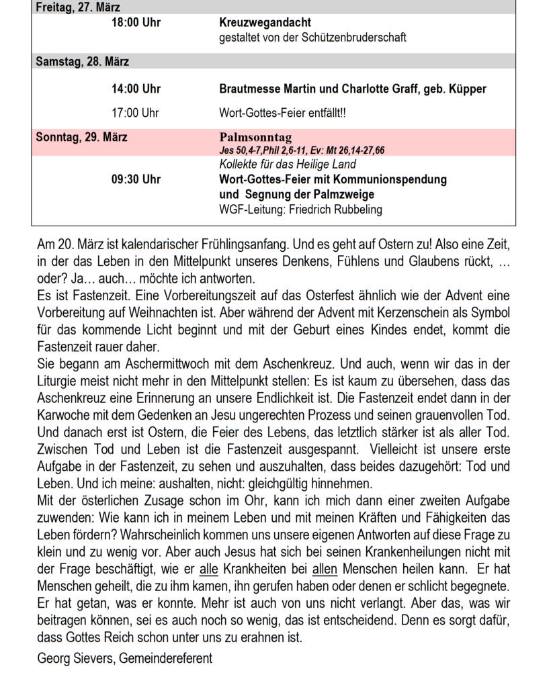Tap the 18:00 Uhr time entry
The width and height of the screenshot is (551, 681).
coord(136,23)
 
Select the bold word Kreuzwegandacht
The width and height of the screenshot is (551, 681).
coord(265,23)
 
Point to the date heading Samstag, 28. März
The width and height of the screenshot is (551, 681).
coord(82,62)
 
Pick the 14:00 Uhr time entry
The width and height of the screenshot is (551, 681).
coord(136,89)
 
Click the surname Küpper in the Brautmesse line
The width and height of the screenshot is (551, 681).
coord(464,89)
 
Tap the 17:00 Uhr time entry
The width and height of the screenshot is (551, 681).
coord(136,113)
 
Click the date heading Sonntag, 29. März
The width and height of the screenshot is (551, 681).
coord(81,138)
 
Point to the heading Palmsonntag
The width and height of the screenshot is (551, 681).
coord(255,138)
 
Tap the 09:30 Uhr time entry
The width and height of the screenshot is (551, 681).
coord(136,180)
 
